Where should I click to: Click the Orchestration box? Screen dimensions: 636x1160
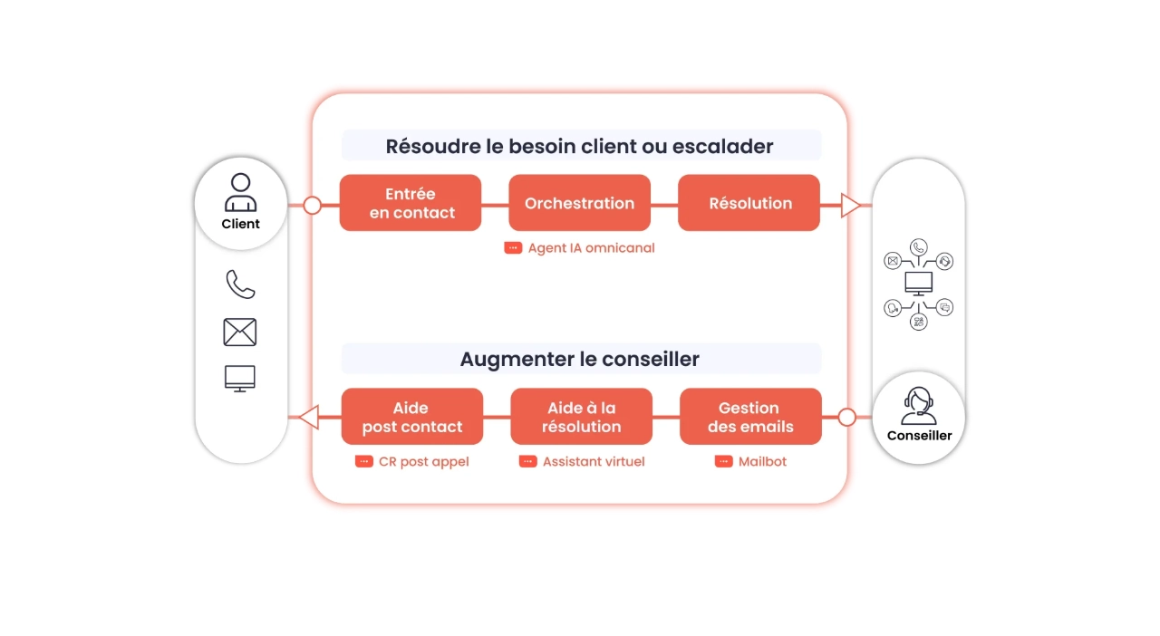click(x=579, y=203)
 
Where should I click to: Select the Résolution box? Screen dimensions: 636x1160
click(x=749, y=203)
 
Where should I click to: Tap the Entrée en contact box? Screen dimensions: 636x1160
click(x=411, y=203)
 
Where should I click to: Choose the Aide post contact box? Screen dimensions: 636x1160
click(x=412, y=417)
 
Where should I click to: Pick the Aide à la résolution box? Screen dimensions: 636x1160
click(x=582, y=417)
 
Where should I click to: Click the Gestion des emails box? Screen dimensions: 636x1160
click(x=750, y=417)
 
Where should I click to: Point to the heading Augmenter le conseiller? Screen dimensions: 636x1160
click(x=580, y=359)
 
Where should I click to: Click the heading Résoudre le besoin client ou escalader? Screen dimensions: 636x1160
click(x=580, y=146)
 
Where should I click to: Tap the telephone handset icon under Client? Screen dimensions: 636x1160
click(x=240, y=284)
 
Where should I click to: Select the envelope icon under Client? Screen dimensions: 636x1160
click(x=240, y=332)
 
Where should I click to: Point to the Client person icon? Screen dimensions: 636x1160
click(x=240, y=192)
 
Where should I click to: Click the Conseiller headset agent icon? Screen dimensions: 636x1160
click(x=919, y=407)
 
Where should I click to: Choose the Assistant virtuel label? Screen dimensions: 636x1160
click(x=594, y=461)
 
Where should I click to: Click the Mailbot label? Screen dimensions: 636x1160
click(x=762, y=461)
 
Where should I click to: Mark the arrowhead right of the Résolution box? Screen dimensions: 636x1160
click(x=850, y=206)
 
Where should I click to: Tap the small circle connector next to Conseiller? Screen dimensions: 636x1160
click(x=846, y=417)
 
